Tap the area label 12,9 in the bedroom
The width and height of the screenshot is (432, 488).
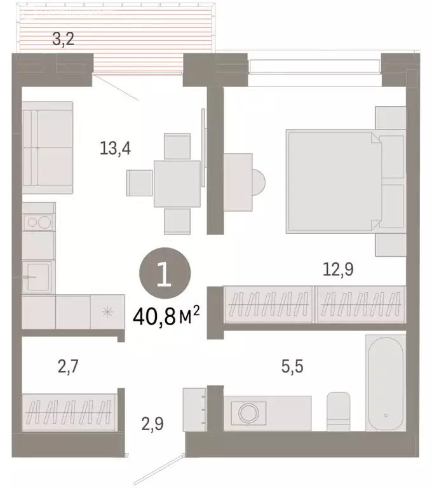click(x=338, y=269)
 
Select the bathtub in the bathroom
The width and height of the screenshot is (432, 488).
click(x=385, y=382)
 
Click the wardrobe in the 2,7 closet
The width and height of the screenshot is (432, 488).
click(x=69, y=412)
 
